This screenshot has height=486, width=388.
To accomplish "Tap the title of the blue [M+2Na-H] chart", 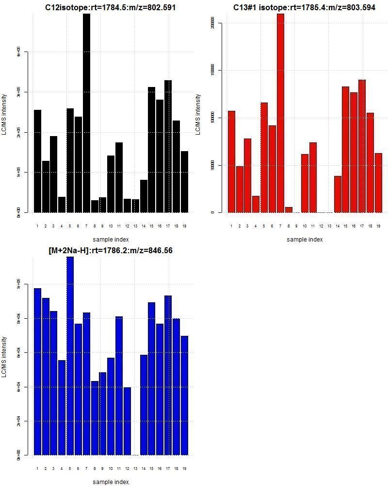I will point(111,251).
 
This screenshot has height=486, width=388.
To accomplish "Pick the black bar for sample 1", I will point(37,161).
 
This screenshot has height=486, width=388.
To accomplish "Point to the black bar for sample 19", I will point(184,182).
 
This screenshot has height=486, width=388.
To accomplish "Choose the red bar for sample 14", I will point(338,194).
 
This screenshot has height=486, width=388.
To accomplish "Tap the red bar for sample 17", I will point(362,146).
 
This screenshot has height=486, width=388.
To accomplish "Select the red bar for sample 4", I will point(256,204).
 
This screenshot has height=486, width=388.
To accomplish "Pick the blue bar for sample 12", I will point(127,421).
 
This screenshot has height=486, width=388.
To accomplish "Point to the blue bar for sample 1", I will point(37,371).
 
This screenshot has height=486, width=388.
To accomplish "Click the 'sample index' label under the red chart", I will point(305,239).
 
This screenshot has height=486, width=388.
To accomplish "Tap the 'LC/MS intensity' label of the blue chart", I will point(4,357).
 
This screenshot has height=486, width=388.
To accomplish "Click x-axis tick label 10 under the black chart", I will point(111,226).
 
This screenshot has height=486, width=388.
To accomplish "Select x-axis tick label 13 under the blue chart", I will point(135,469).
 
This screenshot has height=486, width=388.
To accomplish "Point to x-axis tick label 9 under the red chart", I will point(297,226).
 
